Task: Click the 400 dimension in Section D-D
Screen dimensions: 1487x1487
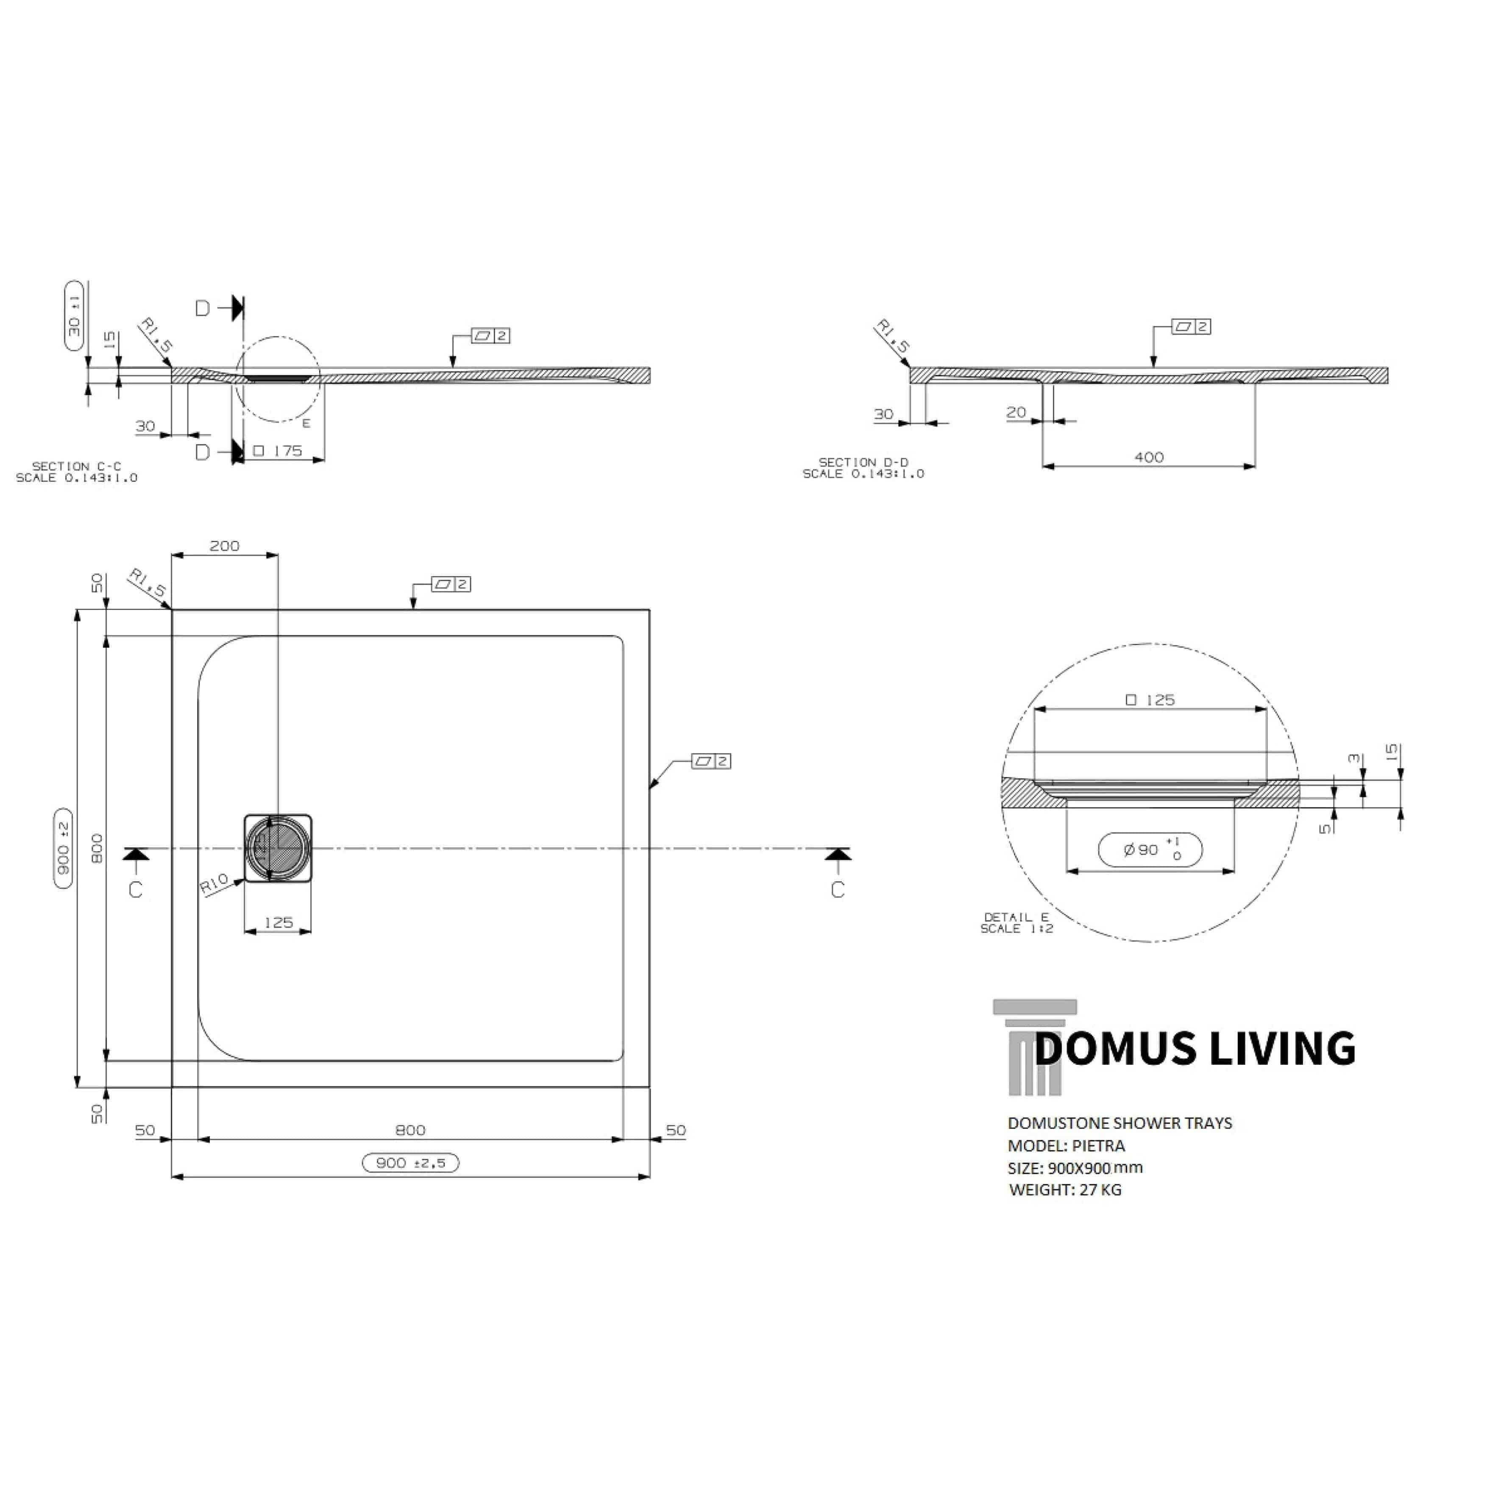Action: click(x=1148, y=457)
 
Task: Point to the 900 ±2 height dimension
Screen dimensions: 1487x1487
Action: click(x=63, y=848)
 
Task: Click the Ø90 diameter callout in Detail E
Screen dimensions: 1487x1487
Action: click(x=1150, y=850)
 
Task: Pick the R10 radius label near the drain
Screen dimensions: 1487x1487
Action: click(x=214, y=883)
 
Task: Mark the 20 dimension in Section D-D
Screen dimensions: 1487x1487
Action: click(x=1016, y=412)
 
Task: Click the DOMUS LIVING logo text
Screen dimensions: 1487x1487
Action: click(x=1195, y=1048)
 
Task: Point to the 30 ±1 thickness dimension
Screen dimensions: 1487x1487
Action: click(x=74, y=315)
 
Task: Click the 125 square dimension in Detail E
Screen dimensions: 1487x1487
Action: click(x=1150, y=700)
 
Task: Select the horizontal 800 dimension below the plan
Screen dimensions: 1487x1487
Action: click(x=410, y=1130)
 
